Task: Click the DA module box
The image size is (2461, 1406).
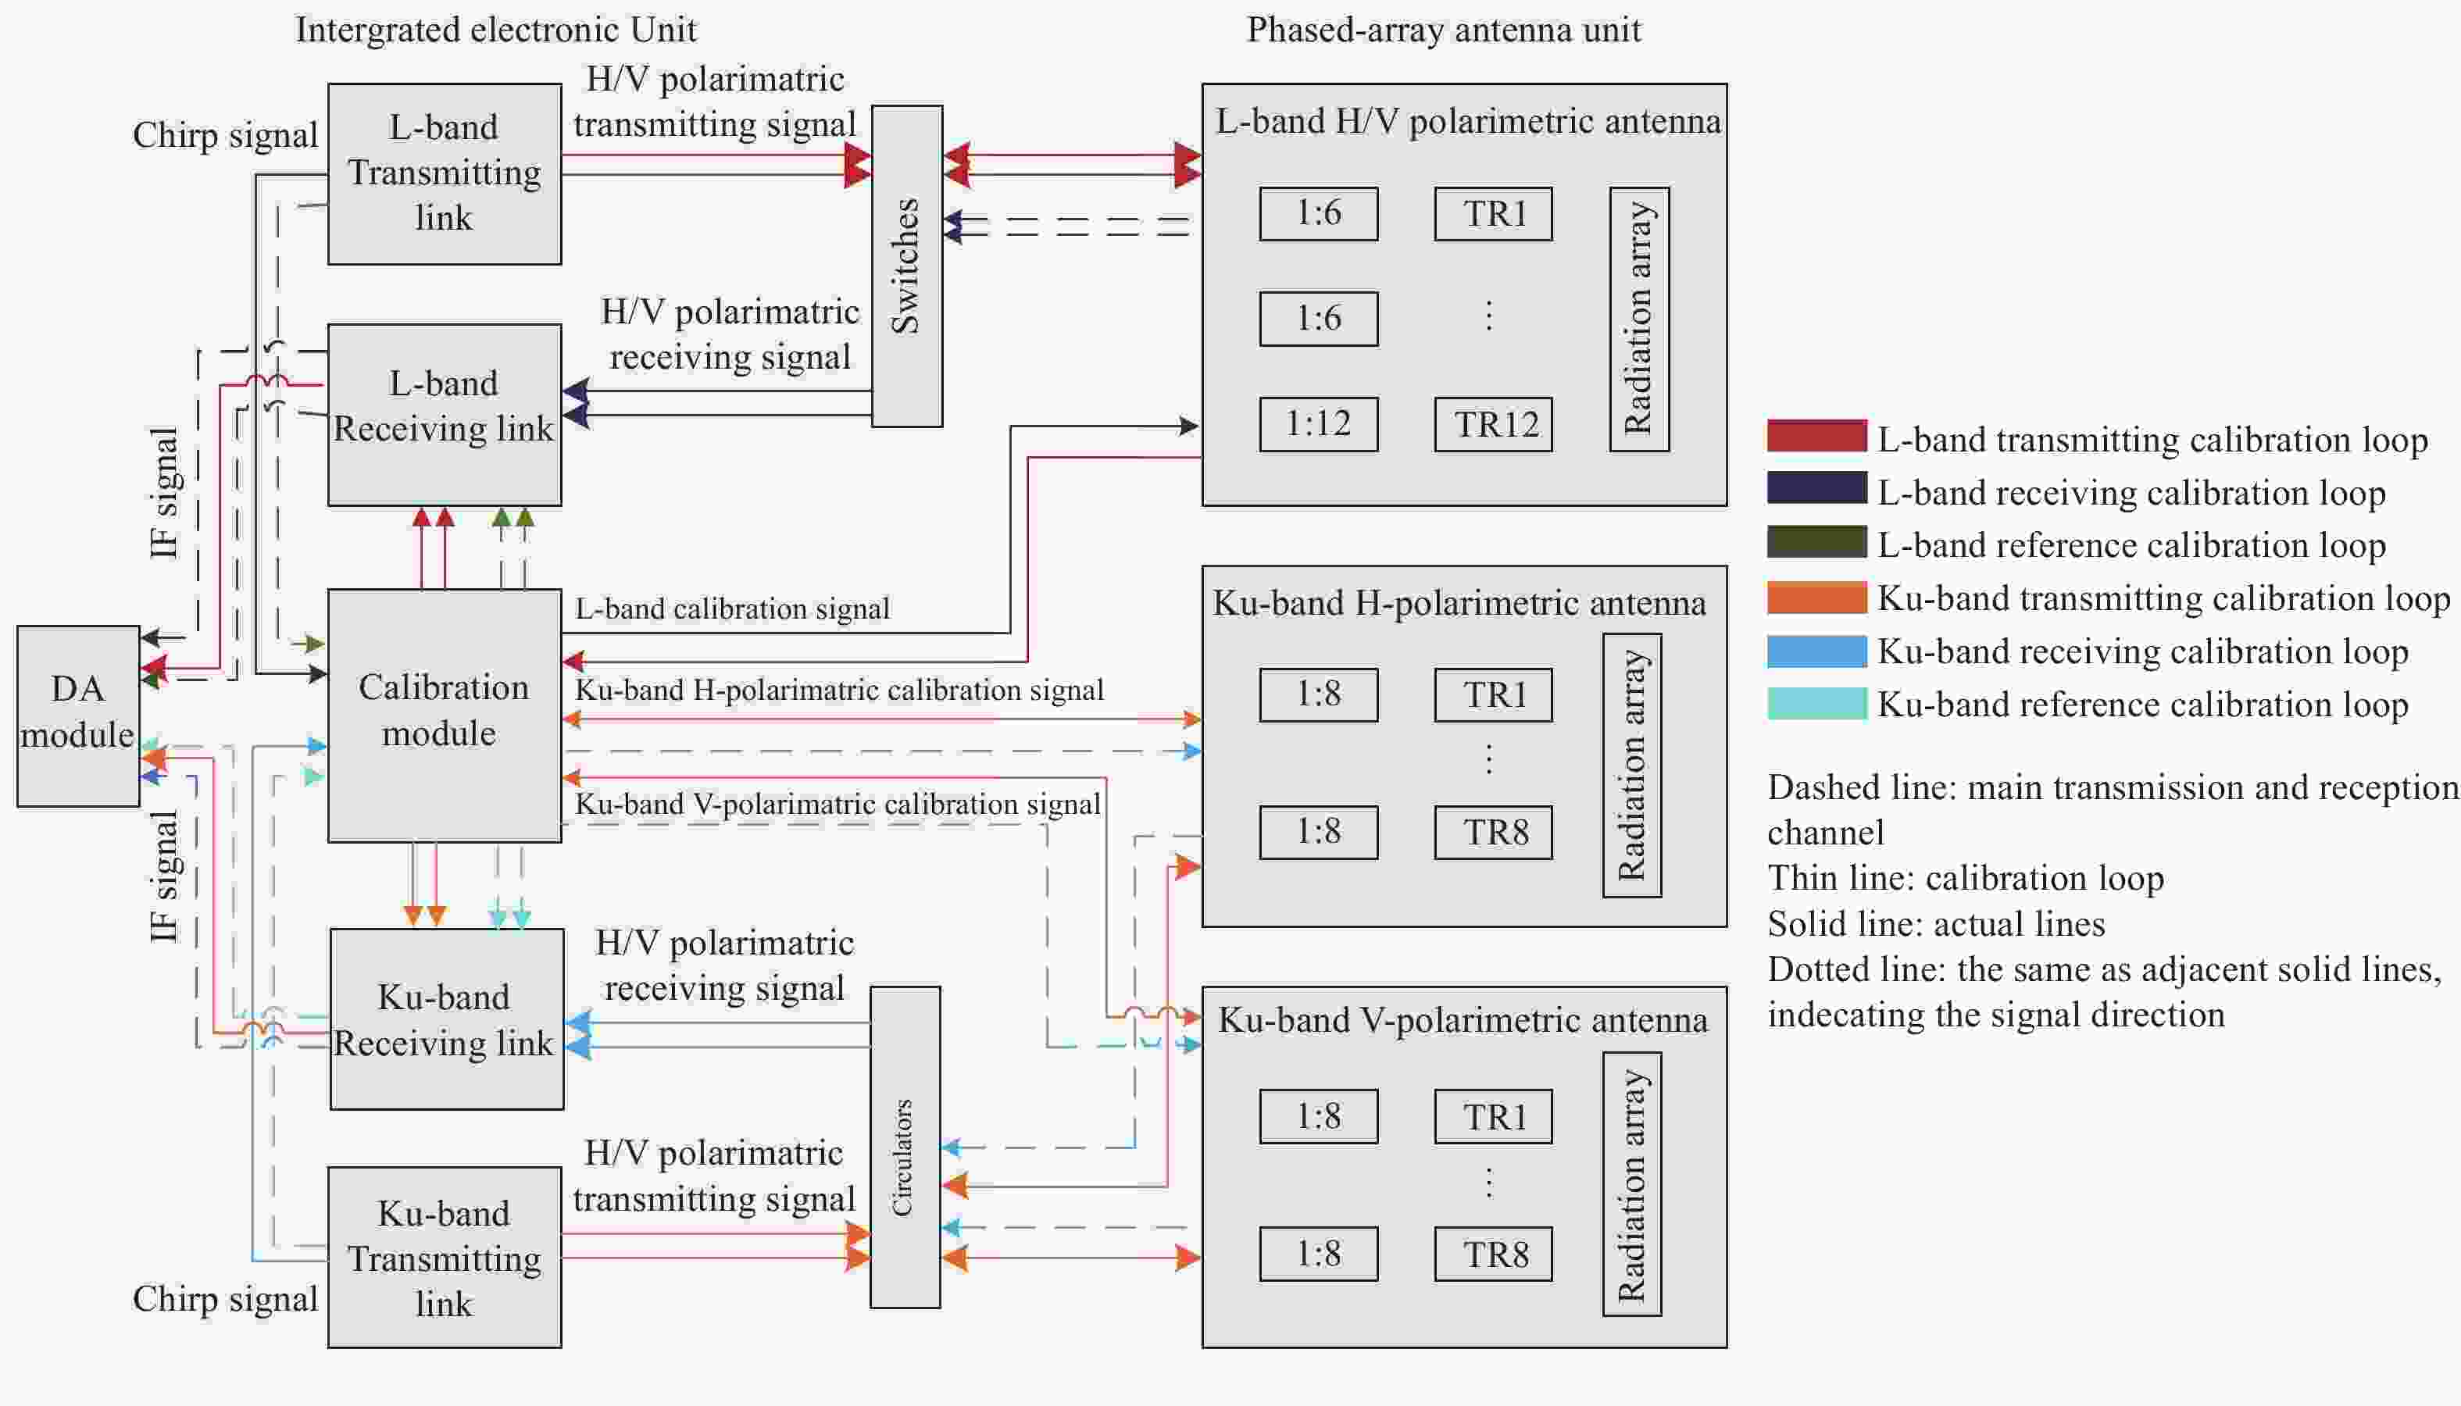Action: click(77, 715)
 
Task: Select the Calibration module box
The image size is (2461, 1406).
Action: click(445, 715)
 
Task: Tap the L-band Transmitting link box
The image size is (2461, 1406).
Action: click(445, 174)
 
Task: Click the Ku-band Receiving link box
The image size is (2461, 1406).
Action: click(446, 1019)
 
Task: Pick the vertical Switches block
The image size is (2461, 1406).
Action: click(907, 266)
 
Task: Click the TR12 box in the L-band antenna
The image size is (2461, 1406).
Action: click(1493, 424)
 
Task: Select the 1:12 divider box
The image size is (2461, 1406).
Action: click(1319, 424)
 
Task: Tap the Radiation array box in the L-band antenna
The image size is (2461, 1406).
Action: click(1639, 319)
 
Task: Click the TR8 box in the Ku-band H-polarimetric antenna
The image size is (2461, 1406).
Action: click(1493, 833)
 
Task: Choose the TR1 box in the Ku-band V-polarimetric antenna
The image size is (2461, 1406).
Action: click(1493, 1116)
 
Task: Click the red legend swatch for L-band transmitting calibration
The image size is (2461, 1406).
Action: click(1816, 437)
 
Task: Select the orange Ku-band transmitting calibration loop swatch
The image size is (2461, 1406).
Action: click(1816, 598)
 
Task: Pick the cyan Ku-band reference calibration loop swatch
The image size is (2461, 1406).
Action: click(1816, 703)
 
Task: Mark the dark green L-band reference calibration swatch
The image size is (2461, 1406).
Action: click(1816, 542)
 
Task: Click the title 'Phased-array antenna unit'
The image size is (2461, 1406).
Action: click(1443, 30)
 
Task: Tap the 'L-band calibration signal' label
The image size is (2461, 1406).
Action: click(732, 609)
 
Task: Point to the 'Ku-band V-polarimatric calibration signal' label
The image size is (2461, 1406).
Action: click(838, 805)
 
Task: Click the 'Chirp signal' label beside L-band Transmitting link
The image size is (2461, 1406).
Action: click(225, 135)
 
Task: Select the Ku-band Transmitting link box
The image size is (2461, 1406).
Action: click(445, 1258)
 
